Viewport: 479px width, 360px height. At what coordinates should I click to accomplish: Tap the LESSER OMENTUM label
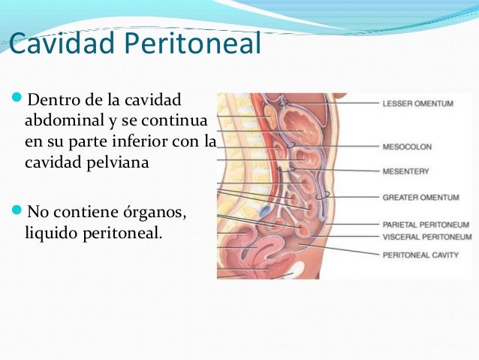(x=417, y=104)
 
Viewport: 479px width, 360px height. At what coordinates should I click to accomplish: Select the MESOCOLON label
(x=407, y=147)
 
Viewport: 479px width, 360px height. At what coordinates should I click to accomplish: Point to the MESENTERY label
(x=405, y=171)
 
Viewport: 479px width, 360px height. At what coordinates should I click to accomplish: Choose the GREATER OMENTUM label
(x=421, y=198)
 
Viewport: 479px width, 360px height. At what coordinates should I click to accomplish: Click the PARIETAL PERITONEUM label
(x=426, y=224)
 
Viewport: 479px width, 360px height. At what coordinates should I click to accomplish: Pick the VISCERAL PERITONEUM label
(x=427, y=237)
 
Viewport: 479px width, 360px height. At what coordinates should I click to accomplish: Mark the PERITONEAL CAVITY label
(x=421, y=255)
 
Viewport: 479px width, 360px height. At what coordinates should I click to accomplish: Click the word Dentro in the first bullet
(x=53, y=99)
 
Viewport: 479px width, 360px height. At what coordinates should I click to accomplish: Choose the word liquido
(x=50, y=233)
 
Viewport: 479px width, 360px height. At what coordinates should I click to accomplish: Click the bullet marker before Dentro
(x=18, y=100)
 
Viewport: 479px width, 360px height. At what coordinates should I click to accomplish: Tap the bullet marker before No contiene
(x=18, y=213)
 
